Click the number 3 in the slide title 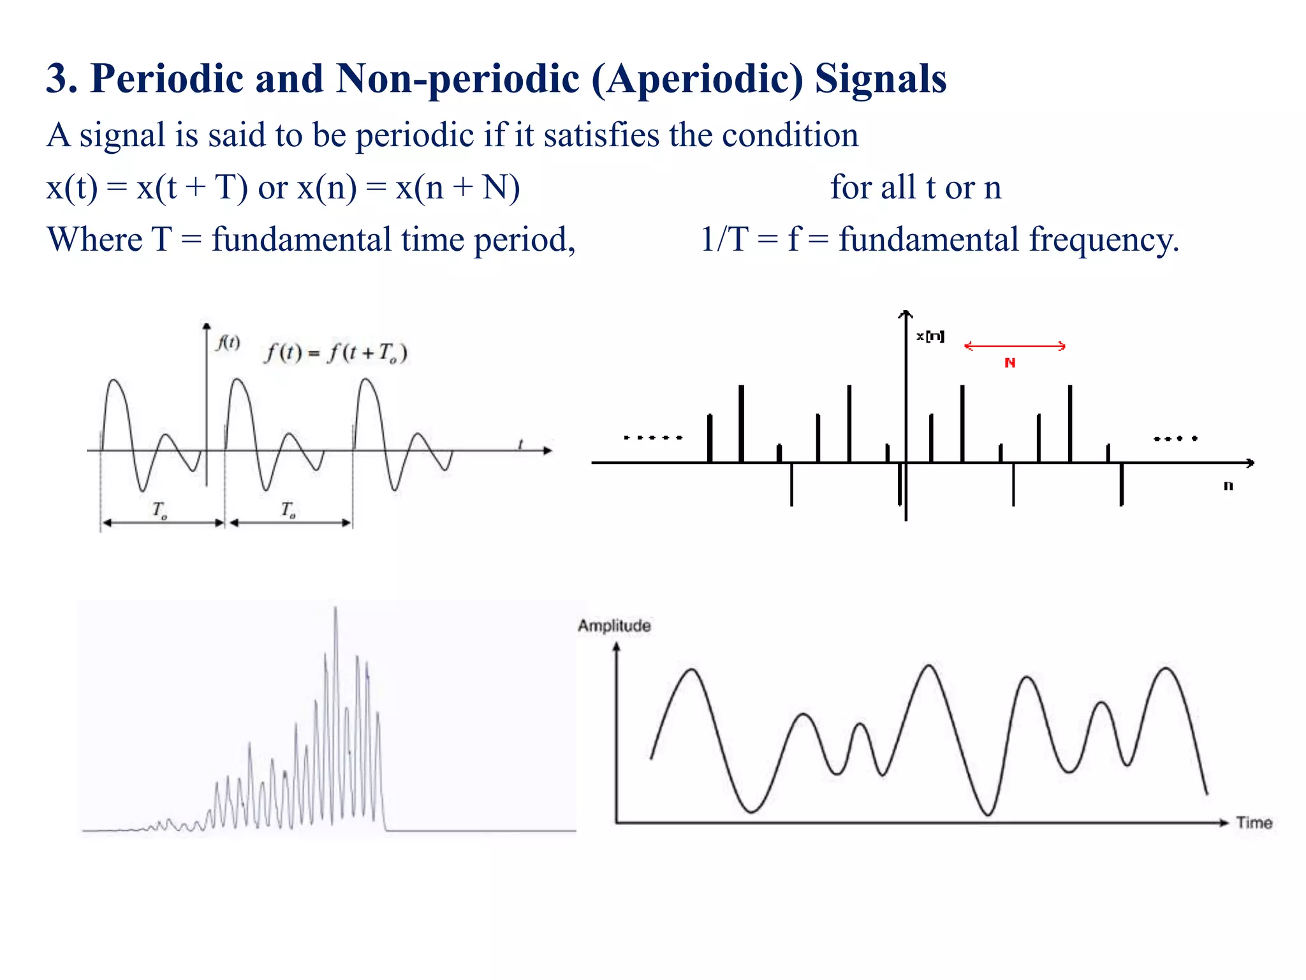pyautogui.click(x=57, y=78)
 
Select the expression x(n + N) pyautogui.click(x=457, y=188)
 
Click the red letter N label pyautogui.click(x=1009, y=363)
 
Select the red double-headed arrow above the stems pyautogui.click(x=1014, y=346)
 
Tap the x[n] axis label pyautogui.click(x=930, y=336)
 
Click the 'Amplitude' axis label pyautogui.click(x=614, y=626)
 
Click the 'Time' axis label pyautogui.click(x=1254, y=823)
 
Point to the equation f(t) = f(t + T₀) pyautogui.click(x=335, y=353)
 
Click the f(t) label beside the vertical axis pyautogui.click(x=228, y=343)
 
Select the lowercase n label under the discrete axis pyautogui.click(x=1228, y=486)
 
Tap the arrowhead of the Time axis pyautogui.click(x=1223, y=823)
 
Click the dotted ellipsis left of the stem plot pyautogui.click(x=653, y=438)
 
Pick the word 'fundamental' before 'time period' pyautogui.click(x=301, y=241)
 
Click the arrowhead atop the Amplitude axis pyautogui.click(x=616, y=647)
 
